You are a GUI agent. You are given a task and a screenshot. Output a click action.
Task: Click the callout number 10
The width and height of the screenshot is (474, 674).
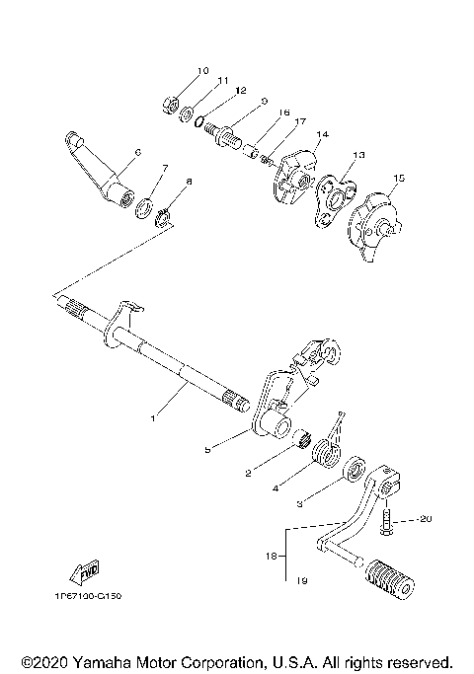pyautogui.click(x=202, y=71)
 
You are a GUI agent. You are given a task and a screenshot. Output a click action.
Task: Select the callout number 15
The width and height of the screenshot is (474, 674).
pyautogui.click(x=399, y=179)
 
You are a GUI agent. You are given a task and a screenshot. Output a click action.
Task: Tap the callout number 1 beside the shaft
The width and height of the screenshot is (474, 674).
pyautogui.click(x=153, y=419)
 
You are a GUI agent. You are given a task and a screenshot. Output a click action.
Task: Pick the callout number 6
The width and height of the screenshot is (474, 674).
pyautogui.click(x=137, y=152)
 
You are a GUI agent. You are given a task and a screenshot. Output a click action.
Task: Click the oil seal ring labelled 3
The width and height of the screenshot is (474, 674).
pyautogui.click(x=352, y=466)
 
